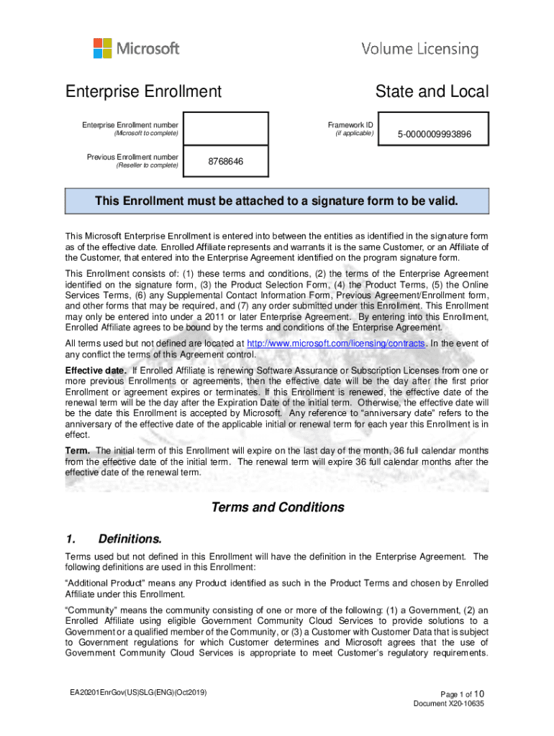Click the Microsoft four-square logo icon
pos(103,48)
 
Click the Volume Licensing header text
pos(419,50)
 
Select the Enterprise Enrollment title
pos(143,92)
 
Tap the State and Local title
pos(431,92)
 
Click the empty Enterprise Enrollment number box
pos(225,129)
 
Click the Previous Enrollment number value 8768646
pos(225,162)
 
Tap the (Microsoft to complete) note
pos(146,134)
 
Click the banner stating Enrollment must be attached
pos(276,201)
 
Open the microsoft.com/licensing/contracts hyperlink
pos(335,344)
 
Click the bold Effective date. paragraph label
pos(94,371)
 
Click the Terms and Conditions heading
pos(277,507)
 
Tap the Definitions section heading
pos(130,539)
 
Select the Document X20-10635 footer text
pos(448,704)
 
